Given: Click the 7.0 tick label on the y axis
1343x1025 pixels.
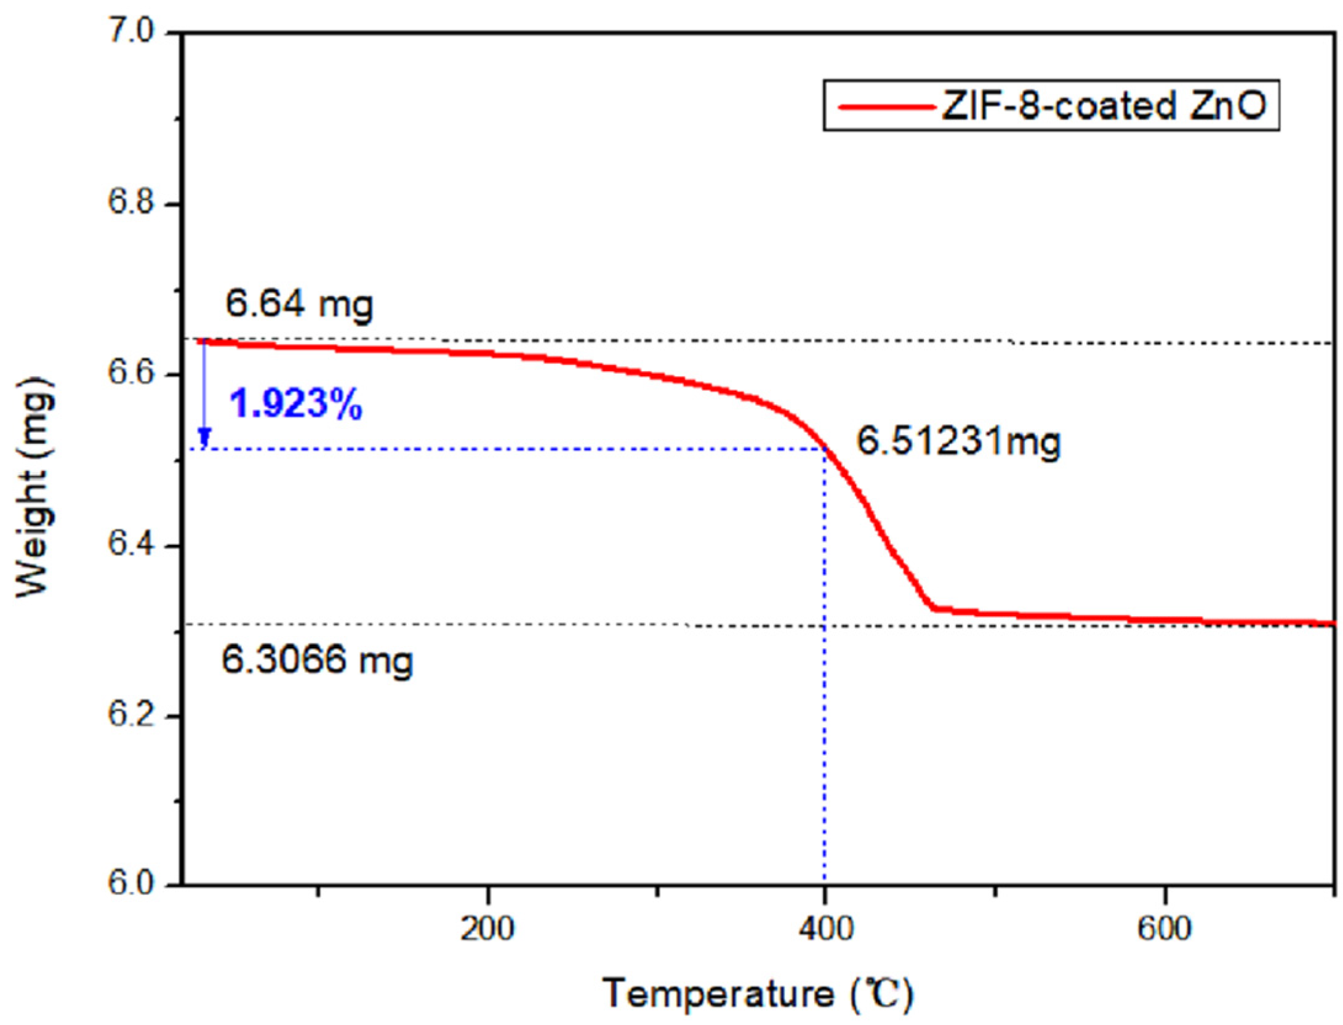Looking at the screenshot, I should (134, 32).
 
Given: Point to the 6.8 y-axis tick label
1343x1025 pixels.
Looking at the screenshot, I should (134, 203).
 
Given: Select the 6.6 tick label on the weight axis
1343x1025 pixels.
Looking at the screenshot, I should (134, 374).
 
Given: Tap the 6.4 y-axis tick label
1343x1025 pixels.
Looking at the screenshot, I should (134, 545).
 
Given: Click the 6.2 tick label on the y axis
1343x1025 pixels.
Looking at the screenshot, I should (134, 716).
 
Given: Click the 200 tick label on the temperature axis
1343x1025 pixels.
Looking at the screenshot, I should (487, 928).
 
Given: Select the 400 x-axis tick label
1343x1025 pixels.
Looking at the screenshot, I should (826, 928).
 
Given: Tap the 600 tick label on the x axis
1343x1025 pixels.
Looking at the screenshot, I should (1165, 928).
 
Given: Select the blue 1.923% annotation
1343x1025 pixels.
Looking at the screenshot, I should (296, 405).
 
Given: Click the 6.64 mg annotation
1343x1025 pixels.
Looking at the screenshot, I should (299, 304).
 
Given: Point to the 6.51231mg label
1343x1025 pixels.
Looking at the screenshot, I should (959, 441).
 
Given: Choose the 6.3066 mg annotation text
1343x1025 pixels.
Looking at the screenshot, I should (317, 661).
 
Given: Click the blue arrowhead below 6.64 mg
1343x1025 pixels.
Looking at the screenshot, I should (204, 438).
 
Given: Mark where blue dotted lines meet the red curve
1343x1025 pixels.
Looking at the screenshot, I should (825, 449).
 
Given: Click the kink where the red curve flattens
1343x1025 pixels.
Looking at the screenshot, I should (934, 608).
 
